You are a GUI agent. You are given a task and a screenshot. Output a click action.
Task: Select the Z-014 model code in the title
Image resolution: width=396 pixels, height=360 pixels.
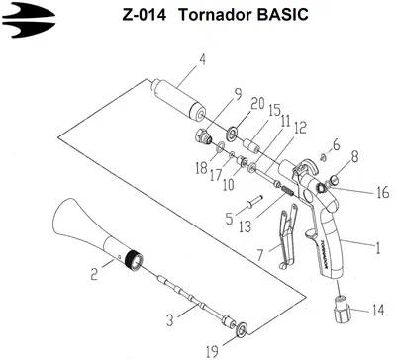pos(145,15)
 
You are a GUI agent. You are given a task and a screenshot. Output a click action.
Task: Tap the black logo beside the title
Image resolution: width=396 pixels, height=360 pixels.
pos(29,20)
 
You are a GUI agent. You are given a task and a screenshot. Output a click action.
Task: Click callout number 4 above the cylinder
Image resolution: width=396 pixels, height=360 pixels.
pos(202,60)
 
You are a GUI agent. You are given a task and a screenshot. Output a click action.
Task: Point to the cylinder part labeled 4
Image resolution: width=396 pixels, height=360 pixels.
pos(178,99)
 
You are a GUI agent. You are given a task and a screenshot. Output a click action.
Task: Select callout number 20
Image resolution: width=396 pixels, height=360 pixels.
pos(257,104)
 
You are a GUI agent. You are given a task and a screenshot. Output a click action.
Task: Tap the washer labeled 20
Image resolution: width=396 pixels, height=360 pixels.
pos(232,134)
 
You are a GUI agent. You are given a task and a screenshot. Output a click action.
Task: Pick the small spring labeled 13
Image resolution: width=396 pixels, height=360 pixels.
pos(285,190)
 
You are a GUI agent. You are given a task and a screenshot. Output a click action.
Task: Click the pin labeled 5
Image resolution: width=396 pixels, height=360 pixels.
pos(254,201)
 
